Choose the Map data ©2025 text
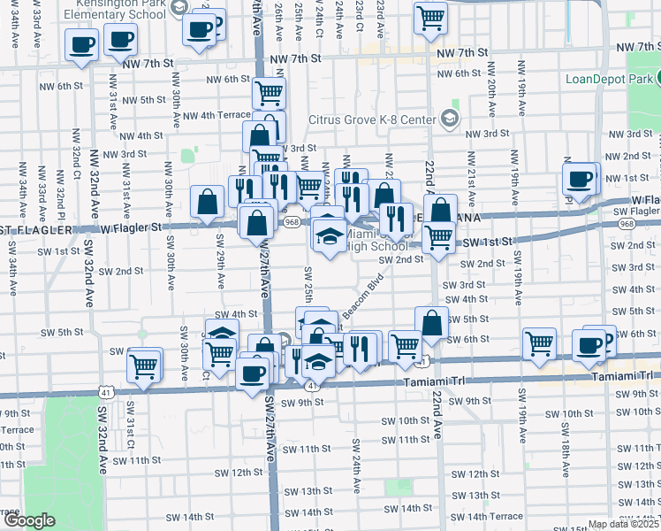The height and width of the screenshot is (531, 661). tap(622, 524)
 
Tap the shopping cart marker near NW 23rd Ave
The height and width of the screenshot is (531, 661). tap(429, 18)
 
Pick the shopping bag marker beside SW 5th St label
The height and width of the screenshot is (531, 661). tap(431, 324)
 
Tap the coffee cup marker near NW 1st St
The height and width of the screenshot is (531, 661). tap(581, 179)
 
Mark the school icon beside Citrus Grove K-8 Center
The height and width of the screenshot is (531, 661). tap(449, 119)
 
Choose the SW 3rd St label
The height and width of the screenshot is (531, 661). tap(464, 285)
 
